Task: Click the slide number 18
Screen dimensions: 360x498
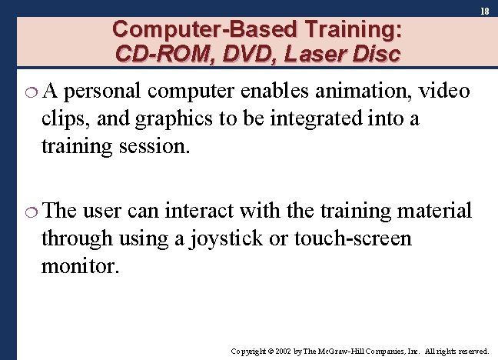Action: tap(485, 12)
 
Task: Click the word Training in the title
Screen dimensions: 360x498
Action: tap(342, 30)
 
